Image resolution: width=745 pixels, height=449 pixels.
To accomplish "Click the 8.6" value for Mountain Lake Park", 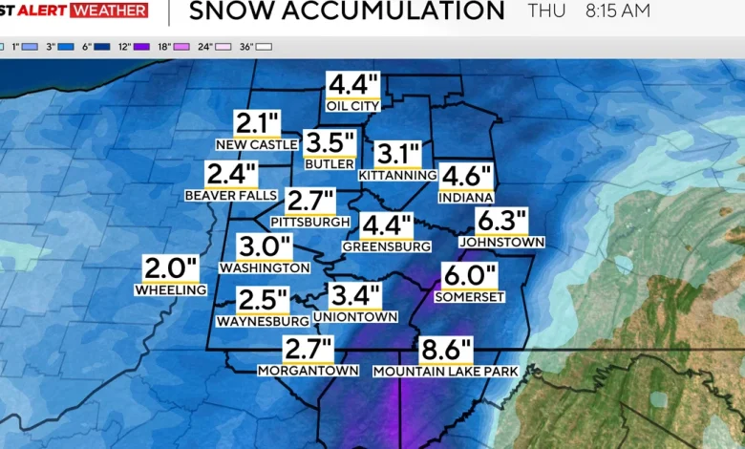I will [x=446, y=351].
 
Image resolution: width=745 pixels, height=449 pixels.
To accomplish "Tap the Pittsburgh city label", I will [x=309, y=222].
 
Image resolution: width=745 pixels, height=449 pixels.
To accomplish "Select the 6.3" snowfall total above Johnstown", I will [x=501, y=222].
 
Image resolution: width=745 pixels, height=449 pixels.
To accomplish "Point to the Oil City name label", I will [x=352, y=106].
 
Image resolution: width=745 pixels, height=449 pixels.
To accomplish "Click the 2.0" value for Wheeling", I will [x=171, y=268].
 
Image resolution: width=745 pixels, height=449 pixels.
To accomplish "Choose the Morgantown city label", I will [x=308, y=370].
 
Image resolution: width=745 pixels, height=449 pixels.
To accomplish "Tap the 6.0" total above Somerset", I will [x=470, y=277].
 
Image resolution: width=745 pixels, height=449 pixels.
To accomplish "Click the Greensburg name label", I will [x=387, y=246].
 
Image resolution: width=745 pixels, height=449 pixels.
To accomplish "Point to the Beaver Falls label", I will [x=230, y=195].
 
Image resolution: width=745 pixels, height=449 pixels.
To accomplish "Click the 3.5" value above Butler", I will [x=330, y=144].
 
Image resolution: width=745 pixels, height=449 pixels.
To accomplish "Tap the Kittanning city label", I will [x=397, y=176].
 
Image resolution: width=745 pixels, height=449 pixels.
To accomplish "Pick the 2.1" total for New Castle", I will [x=258, y=123].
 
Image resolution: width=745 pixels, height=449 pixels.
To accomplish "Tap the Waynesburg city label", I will [x=263, y=321].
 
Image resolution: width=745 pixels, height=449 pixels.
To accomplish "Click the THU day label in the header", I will [x=546, y=11].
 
